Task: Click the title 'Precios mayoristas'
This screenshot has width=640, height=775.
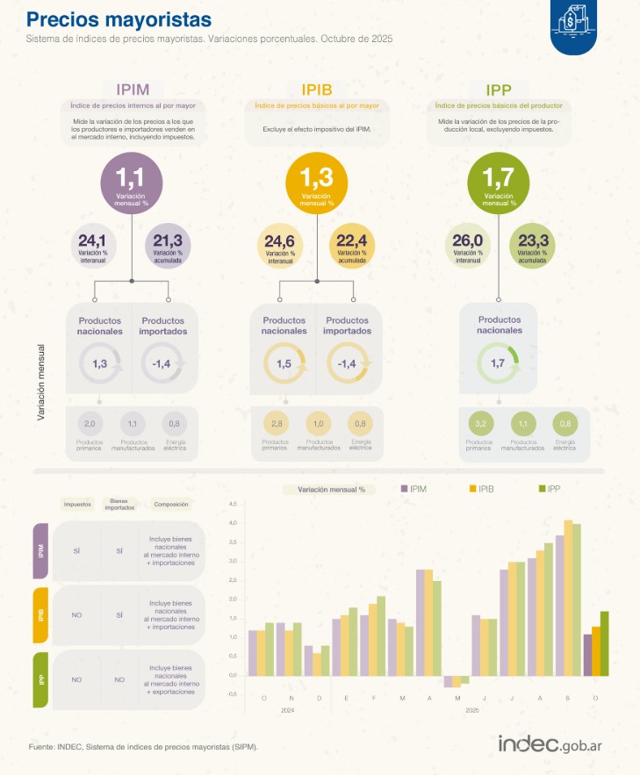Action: tap(119, 19)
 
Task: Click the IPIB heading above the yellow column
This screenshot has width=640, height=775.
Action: tap(316, 89)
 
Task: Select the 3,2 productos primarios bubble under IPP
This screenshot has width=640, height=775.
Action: tap(478, 423)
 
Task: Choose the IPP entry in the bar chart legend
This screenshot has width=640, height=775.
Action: tap(548, 488)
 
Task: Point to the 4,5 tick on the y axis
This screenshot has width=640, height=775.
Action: tap(232, 505)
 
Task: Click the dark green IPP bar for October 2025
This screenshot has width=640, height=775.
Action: tap(604, 643)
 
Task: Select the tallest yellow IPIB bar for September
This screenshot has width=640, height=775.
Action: tap(568, 598)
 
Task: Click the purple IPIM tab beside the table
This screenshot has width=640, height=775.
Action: tap(40, 551)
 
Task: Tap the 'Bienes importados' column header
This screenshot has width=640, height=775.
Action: tap(119, 505)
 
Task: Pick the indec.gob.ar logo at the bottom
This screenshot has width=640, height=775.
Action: tap(555, 743)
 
